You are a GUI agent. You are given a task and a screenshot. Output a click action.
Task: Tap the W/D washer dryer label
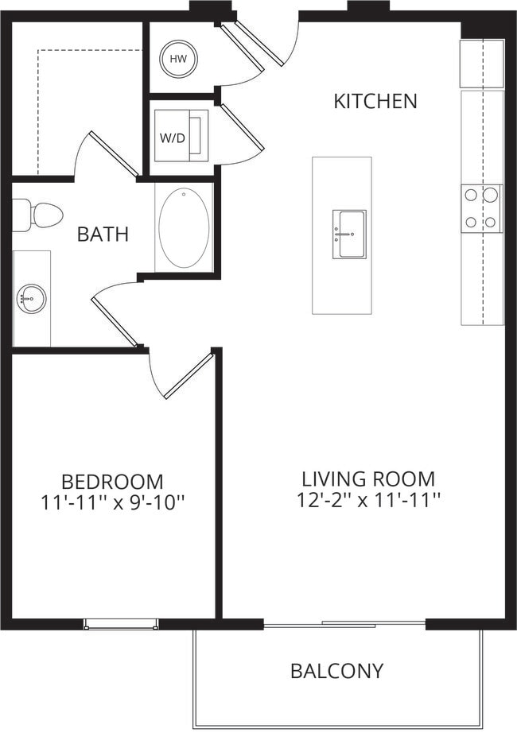pos(173,138)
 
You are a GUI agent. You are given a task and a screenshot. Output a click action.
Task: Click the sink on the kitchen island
pos(348,234)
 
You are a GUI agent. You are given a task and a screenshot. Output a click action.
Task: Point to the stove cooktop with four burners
pos(481,208)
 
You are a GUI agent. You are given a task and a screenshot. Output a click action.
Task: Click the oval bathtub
pos(184,227)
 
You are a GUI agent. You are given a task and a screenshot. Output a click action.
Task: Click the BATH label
pos(103,234)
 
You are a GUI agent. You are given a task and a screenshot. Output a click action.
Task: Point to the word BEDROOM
pos(112,482)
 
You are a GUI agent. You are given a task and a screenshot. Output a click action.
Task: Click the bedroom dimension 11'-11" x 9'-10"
pos(112,502)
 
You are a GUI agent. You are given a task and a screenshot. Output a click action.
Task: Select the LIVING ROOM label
pos(367,479)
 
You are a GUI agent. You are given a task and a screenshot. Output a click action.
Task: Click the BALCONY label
pos(336,671)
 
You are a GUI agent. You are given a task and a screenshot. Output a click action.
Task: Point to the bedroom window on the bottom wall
pos(121,624)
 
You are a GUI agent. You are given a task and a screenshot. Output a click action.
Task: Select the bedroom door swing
pos(187,375)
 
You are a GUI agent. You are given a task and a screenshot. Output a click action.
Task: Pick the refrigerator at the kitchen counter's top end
pos(481,64)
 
